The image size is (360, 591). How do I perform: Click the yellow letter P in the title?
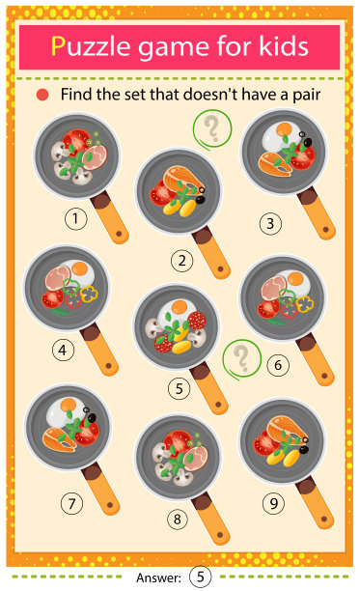[x=58, y=46]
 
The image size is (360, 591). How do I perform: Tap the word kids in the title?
[x=284, y=45]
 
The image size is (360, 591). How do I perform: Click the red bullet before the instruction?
[x=42, y=95]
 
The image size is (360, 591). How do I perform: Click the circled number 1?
[x=75, y=218]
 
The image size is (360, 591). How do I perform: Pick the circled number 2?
[x=181, y=261]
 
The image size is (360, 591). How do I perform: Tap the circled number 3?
[x=270, y=223]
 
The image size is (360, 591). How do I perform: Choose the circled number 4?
[x=63, y=351]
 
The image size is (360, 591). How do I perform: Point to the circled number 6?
[x=278, y=365]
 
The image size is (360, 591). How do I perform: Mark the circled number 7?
[x=71, y=503]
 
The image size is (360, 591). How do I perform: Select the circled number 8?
[x=178, y=519]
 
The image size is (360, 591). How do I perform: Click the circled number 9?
[x=273, y=503]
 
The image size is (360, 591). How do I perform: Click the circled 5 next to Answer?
[x=201, y=577]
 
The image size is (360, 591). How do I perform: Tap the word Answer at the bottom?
[x=158, y=577]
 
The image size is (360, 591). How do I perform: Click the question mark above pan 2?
[x=212, y=128]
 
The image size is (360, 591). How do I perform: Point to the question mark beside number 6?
[x=241, y=359]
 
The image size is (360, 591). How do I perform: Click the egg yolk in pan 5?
[x=180, y=306]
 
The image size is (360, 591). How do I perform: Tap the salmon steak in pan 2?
[x=182, y=181]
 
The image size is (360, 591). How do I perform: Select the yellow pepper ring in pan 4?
[x=89, y=294]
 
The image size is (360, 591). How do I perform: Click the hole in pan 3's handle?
[x=325, y=229]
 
